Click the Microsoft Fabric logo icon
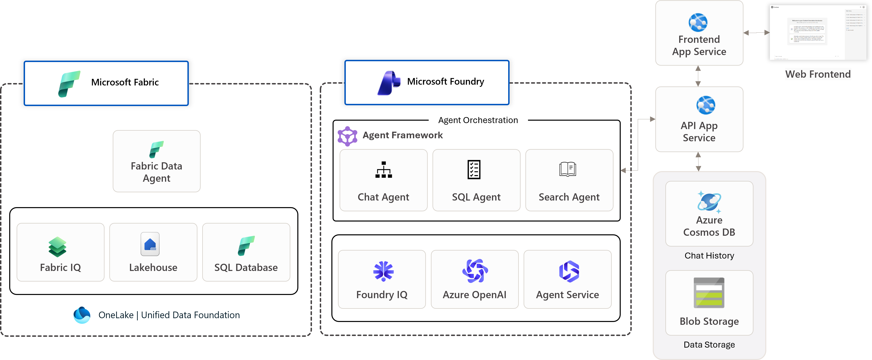[x=69, y=84]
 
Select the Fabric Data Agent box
[x=156, y=161]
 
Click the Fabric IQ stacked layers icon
[x=57, y=247]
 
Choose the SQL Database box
[x=246, y=252]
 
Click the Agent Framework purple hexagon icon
[x=347, y=136]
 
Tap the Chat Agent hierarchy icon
[x=383, y=170]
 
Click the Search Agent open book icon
[x=568, y=169]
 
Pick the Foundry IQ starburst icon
[x=383, y=271]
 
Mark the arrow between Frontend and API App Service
[x=698, y=76]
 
